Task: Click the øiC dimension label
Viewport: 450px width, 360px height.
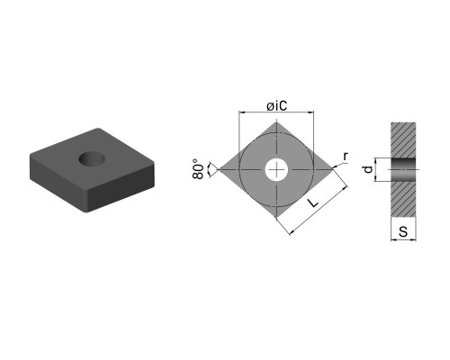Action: click(x=276, y=105)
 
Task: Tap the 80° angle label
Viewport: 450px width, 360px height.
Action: click(x=198, y=169)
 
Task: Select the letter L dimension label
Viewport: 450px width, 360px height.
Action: click(x=312, y=202)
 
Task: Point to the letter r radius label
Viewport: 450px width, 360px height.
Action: click(x=346, y=156)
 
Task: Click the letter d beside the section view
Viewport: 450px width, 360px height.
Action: click(x=368, y=169)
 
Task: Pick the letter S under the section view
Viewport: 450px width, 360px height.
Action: click(x=403, y=231)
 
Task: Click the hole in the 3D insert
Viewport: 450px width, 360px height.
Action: click(x=92, y=158)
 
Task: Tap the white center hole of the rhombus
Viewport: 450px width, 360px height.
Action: click(x=276, y=170)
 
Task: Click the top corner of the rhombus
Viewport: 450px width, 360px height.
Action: click(x=276, y=122)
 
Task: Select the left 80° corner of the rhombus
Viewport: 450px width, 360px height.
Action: click(x=219, y=169)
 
